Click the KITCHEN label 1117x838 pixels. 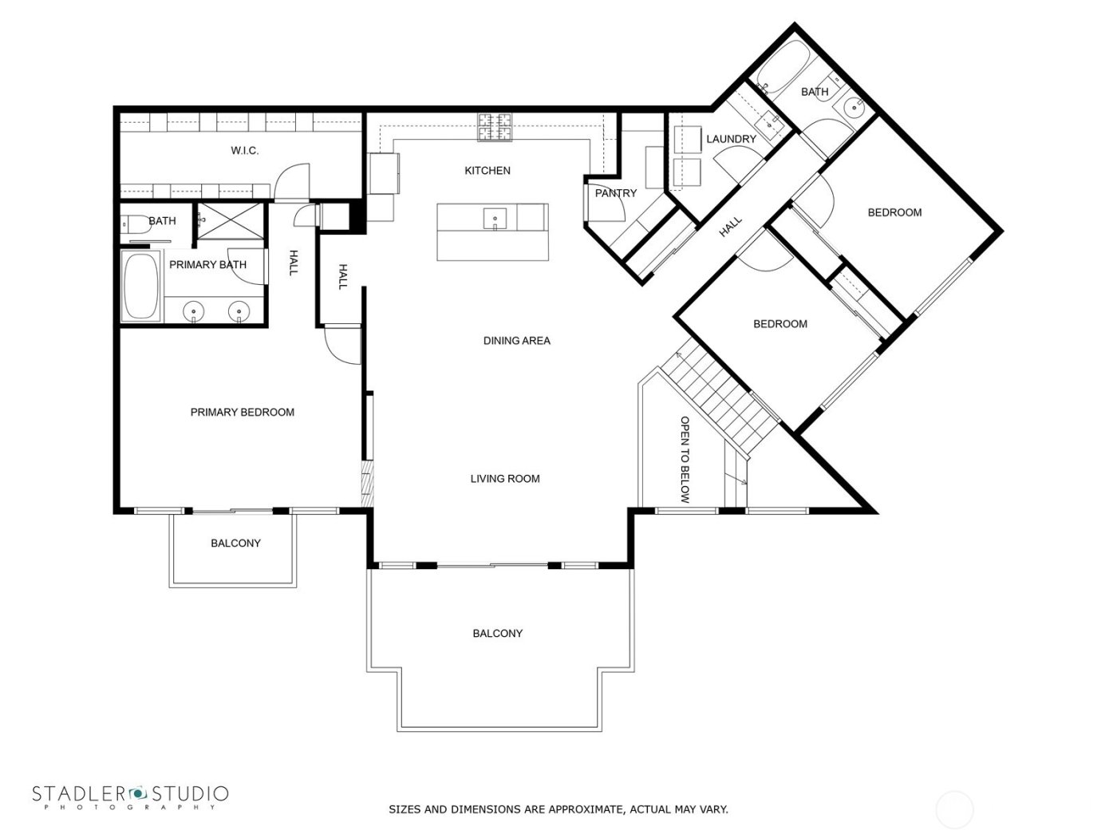(487, 171)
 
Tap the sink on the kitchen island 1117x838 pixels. (495, 217)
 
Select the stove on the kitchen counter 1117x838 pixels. (495, 127)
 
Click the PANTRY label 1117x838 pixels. (616, 193)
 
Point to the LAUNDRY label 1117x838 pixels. (731, 139)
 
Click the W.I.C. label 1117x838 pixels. (244, 151)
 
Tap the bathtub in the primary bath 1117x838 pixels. (141, 286)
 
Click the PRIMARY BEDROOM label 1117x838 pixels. (242, 413)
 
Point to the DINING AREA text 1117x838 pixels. (516, 341)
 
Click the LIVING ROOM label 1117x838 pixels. (504, 479)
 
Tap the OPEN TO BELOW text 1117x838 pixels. (684, 460)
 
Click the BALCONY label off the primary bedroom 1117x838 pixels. (235, 544)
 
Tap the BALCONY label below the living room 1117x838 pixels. (497, 634)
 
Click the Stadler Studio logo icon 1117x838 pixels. (139, 793)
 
